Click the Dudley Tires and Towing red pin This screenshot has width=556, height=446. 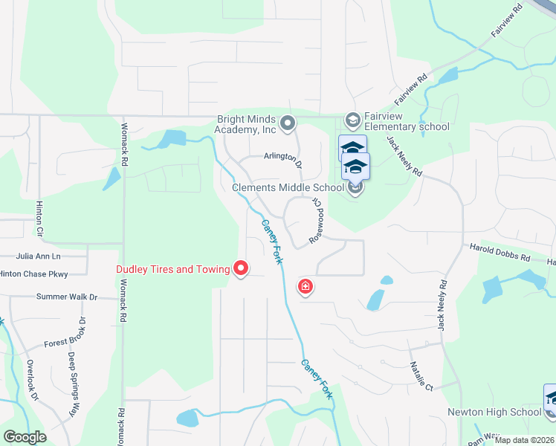pyautogui.click(x=241, y=268)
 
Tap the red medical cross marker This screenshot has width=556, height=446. pyautogui.click(x=305, y=287)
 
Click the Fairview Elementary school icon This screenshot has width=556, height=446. pyautogui.click(x=353, y=119)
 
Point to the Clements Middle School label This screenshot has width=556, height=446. pyautogui.click(x=288, y=187)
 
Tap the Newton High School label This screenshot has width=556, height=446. pyautogui.click(x=494, y=412)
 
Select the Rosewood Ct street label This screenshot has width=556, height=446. pyautogui.click(x=317, y=219)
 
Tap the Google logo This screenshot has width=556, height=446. pyautogui.click(x=25, y=437)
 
